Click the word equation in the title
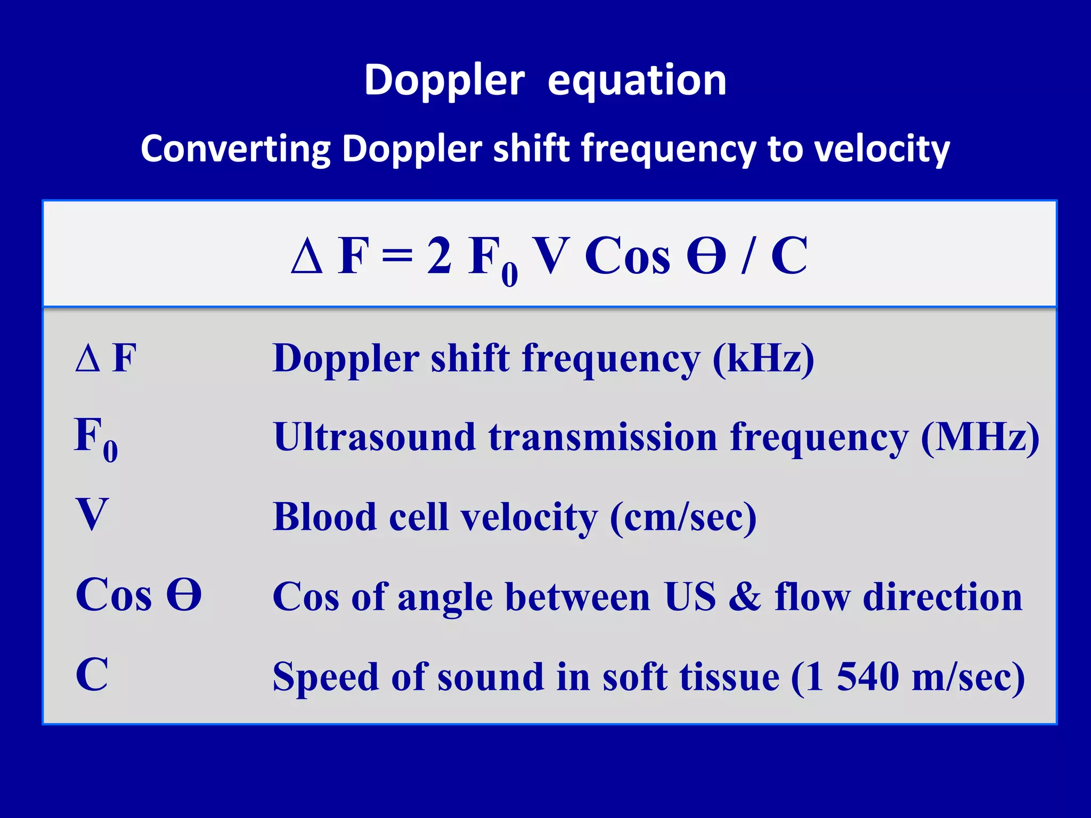(637, 81)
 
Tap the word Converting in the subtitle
(235, 149)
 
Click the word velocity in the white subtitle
(882, 149)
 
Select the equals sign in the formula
(397, 256)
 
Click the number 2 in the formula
(439, 256)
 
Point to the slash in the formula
(747, 256)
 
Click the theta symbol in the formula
(706, 256)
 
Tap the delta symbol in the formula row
(307, 256)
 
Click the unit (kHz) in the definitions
(763, 358)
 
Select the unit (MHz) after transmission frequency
(980, 437)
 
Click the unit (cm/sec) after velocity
(682, 517)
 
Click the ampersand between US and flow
(745, 597)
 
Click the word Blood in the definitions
(324, 517)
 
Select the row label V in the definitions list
(92, 514)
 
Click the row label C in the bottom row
(92, 674)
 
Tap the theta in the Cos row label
(184, 595)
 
